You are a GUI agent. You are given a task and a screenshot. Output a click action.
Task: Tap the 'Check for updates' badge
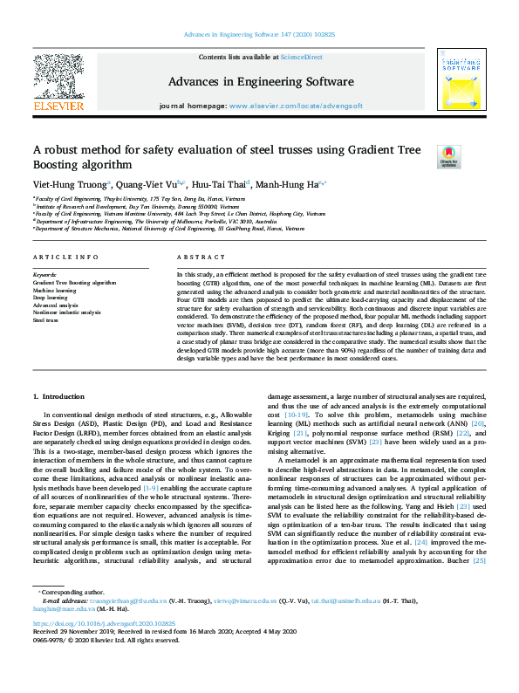click(x=447, y=156)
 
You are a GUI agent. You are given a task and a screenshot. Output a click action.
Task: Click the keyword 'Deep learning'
click(x=51, y=298)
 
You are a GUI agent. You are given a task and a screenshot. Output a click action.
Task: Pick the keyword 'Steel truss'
click(x=47, y=319)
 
